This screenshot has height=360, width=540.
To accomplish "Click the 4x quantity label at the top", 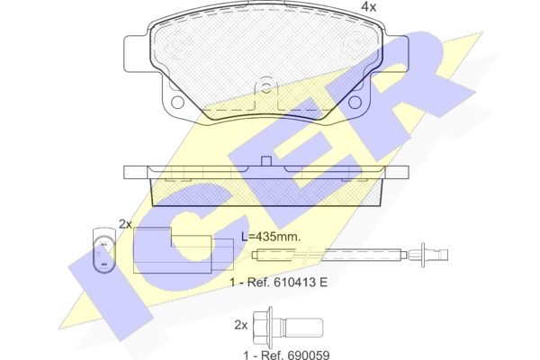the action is click(x=368, y=7).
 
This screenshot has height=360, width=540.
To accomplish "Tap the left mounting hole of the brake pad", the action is click(x=177, y=102).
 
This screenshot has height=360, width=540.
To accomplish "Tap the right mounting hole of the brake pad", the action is click(x=355, y=102).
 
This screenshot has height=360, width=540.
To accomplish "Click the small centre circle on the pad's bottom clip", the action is click(x=265, y=88).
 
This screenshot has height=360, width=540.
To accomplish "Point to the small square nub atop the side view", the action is click(x=265, y=161).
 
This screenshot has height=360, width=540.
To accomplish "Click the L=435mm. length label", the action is click(x=271, y=237).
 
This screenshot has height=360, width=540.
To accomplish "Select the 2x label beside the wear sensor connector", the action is click(x=125, y=224).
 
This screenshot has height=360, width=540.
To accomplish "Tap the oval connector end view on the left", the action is click(x=103, y=249).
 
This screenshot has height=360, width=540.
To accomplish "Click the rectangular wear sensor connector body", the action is click(x=183, y=250).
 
